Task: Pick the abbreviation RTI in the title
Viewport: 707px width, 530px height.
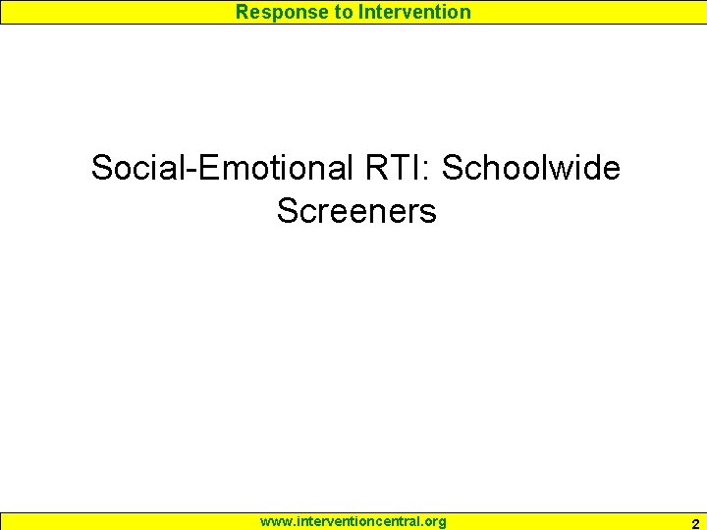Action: pos(394,168)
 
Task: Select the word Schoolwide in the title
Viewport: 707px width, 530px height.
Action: pos(531,168)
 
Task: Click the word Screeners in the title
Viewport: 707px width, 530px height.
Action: pos(356,210)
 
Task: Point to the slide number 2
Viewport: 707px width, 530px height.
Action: pos(695,524)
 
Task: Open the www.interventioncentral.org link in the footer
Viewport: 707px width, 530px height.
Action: pos(353,521)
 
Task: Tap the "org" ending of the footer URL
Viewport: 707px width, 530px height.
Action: pos(433,522)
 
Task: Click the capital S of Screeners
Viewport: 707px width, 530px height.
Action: pos(288,210)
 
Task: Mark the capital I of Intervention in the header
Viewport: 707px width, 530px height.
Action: pos(360,12)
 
